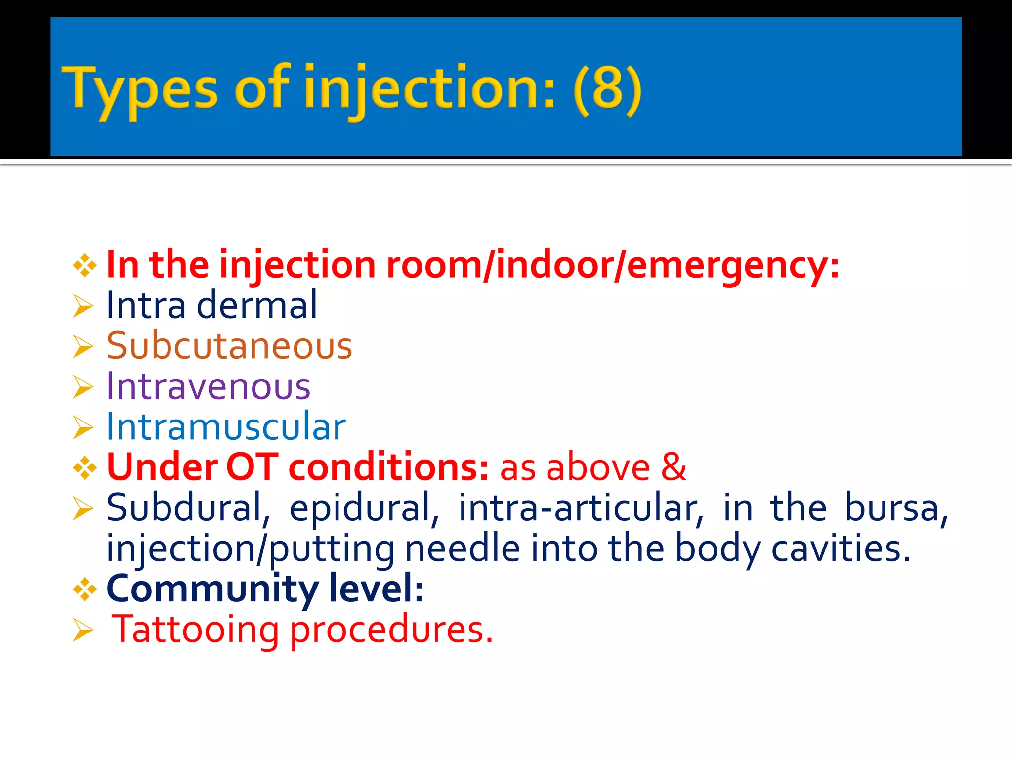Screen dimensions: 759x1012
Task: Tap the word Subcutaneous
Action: point(229,345)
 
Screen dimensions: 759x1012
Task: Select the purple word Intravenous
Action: point(209,386)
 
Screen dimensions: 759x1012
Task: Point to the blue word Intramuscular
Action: point(226,426)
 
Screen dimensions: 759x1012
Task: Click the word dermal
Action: point(257,305)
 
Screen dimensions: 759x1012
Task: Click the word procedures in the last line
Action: point(391,631)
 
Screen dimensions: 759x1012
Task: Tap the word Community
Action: point(212,589)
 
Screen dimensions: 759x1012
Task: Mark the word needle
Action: point(463,548)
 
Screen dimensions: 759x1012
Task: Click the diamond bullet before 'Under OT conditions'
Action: point(84,467)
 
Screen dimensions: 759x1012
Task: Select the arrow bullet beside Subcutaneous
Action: point(83,346)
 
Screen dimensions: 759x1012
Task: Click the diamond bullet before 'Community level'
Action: point(84,589)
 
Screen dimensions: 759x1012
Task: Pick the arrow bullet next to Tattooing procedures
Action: point(83,630)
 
